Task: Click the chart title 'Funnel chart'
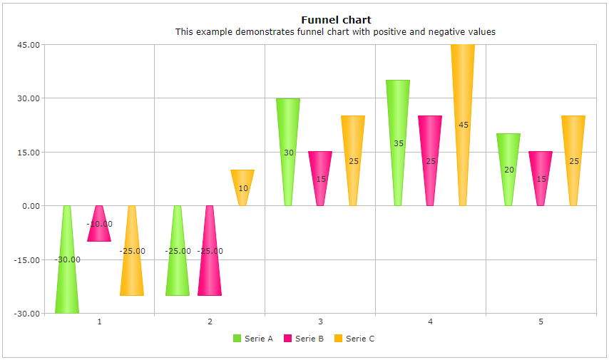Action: click(x=335, y=20)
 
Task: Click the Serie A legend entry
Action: click(x=253, y=339)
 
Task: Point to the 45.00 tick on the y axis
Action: click(x=29, y=45)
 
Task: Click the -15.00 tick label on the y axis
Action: click(x=27, y=260)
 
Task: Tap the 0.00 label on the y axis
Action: click(x=30, y=206)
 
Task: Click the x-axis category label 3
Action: click(x=320, y=322)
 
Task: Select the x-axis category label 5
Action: click(x=541, y=322)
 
